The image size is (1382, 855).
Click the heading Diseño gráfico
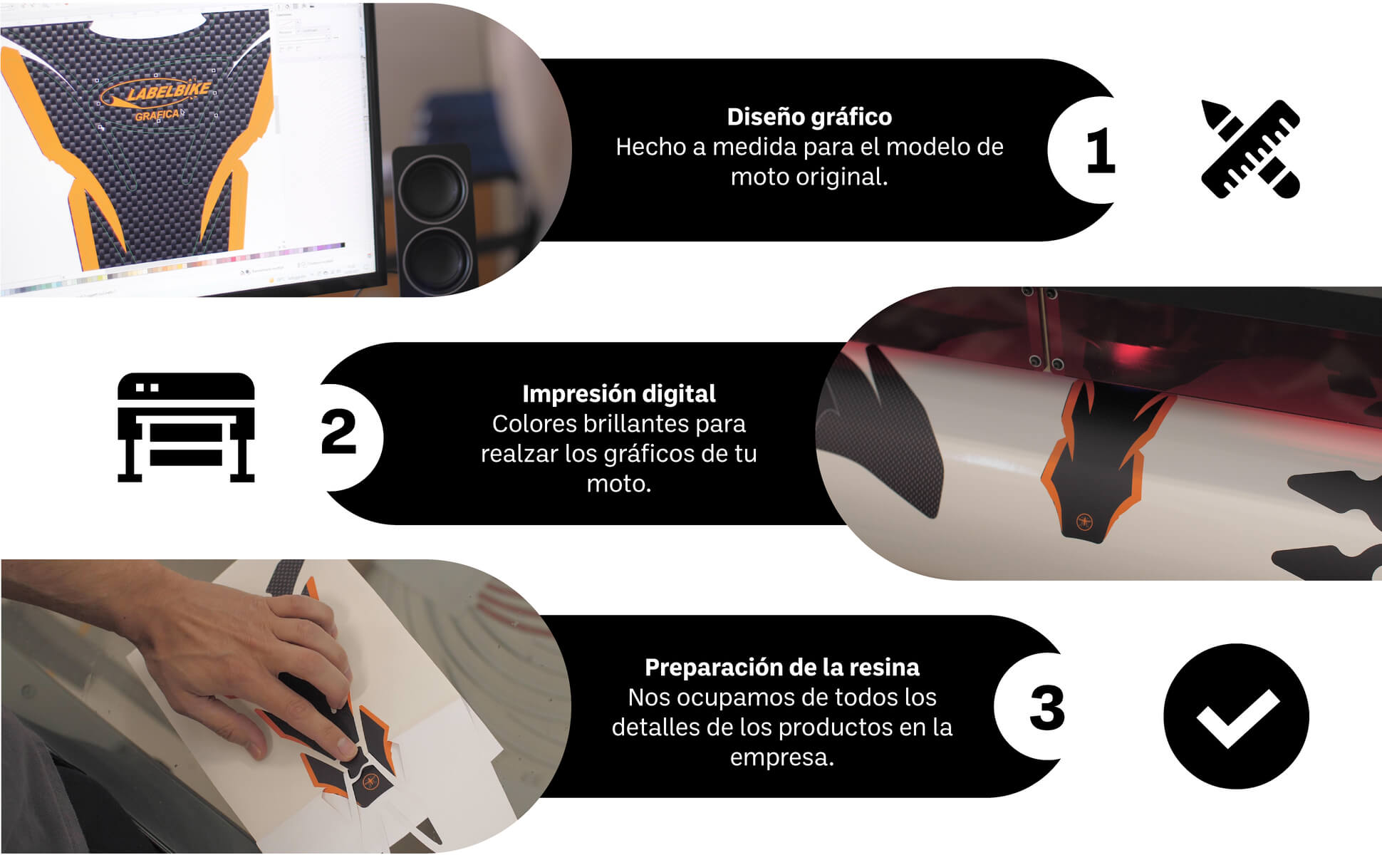click(809, 117)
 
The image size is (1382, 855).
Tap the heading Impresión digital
click(618, 394)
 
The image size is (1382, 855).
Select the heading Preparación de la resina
click(781, 668)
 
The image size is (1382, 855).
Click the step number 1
click(1101, 150)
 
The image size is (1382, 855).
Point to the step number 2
click(338, 432)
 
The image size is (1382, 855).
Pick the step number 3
click(1047, 708)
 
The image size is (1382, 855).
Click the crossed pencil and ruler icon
click(1250, 149)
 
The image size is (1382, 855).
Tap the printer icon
click(186, 427)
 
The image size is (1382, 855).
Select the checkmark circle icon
click(1236, 716)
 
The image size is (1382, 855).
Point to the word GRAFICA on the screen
click(157, 115)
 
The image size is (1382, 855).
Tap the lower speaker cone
click(434, 260)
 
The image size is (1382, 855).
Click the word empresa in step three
click(781, 757)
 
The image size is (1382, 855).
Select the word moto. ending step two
click(618, 484)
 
